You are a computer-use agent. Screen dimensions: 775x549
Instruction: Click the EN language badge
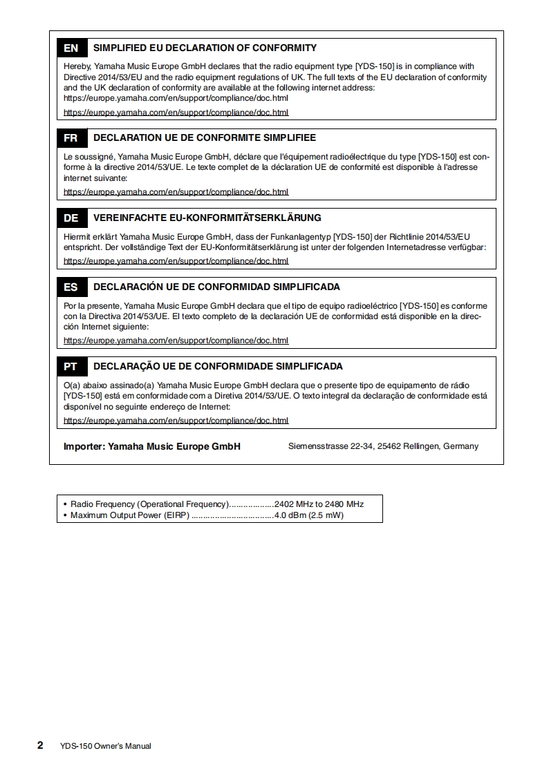(x=71, y=48)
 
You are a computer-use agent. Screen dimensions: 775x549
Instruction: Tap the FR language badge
(x=71, y=138)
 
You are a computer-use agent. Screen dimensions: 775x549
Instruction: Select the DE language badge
(x=71, y=218)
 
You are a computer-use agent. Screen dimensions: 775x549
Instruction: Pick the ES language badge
(x=71, y=287)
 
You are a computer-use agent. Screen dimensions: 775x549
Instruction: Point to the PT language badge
(x=71, y=367)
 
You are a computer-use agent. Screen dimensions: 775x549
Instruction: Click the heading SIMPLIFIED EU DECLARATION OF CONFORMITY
(x=205, y=48)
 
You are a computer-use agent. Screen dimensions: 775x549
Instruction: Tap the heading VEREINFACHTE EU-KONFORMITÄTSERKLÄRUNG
(x=207, y=218)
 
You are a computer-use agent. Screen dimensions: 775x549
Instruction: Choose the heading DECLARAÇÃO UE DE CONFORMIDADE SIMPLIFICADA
(x=218, y=367)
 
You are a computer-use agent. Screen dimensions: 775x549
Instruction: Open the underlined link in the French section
(x=176, y=192)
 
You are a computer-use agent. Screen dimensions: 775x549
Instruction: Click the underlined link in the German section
(x=176, y=261)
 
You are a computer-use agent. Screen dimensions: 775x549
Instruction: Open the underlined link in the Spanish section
(x=176, y=341)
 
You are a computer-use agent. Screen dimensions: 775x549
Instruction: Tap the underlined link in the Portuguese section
(x=176, y=421)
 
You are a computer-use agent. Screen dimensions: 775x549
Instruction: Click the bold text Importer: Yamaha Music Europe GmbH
(x=152, y=446)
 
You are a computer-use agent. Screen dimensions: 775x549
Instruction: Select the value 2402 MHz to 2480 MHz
(x=319, y=504)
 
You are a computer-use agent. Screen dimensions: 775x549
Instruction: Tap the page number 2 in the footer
(x=40, y=745)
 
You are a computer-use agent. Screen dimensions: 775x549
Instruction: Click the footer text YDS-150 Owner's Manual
(x=106, y=746)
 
